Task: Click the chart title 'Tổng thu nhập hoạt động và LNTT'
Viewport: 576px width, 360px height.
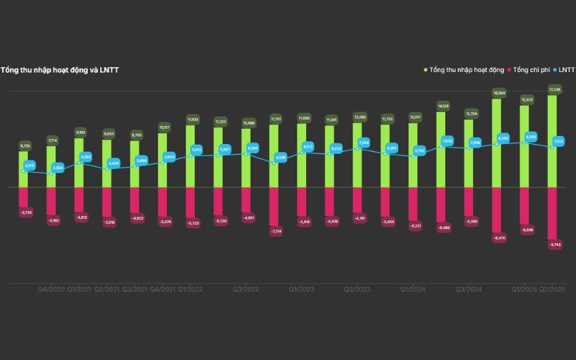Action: [x=60, y=70]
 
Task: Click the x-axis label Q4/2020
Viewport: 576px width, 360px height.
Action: [x=51, y=289]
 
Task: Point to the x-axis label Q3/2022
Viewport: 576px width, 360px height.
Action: [x=246, y=289]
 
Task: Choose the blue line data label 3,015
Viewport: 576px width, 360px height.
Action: [x=29, y=166]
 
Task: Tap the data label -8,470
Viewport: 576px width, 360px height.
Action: [x=498, y=237]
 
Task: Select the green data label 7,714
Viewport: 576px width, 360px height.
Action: [x=51, y=140]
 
